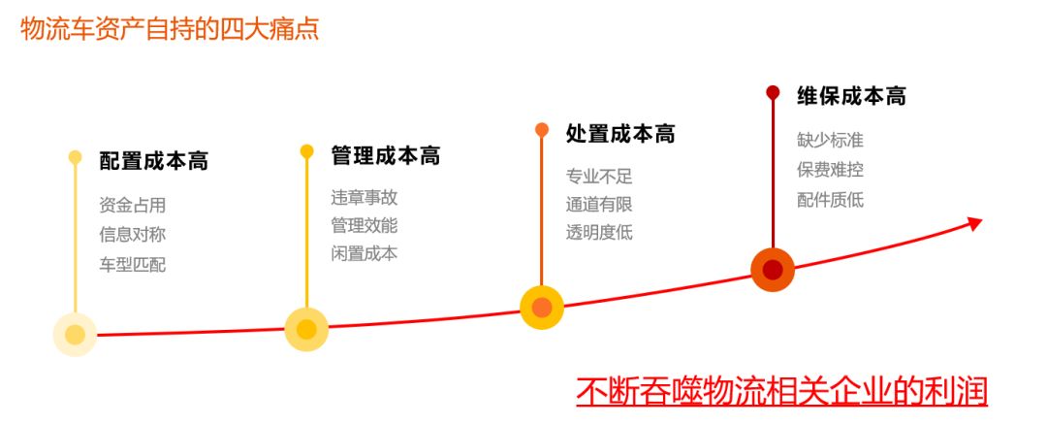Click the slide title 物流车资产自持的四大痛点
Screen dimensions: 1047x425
[x=170, y=28]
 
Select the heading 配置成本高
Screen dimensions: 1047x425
[x=153, y=161]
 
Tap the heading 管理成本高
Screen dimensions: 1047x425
[x=385, y=156]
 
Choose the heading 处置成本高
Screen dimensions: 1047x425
[x=620, y=135]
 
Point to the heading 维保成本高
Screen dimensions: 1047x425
[x=851, y=96]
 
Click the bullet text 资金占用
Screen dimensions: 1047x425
[x=132, y=205]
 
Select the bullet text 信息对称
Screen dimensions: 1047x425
[x=132, y=234]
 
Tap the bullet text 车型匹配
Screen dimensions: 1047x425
[x=132, y=263]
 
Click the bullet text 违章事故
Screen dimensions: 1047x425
[x=364, y=197]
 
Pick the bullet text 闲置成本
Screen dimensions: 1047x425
[x=364, y=253]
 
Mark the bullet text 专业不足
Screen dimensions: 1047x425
[x=599, y=177]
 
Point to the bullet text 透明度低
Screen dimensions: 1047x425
[x=599, y=232]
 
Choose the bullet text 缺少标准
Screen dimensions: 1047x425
[x=830, y=140]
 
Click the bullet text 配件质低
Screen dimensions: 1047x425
[x=830, y=200]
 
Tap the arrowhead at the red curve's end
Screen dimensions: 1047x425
[x=975, y=223]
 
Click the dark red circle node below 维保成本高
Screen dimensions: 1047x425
[x=773, y=269]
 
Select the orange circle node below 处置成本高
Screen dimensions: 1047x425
[x=542, y=308]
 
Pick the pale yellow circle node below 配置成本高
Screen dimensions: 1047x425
[x=75, y=335]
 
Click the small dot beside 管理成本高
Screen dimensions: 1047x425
[x=306, y=151]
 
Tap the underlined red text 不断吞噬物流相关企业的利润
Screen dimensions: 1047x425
[x=781, y=391]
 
